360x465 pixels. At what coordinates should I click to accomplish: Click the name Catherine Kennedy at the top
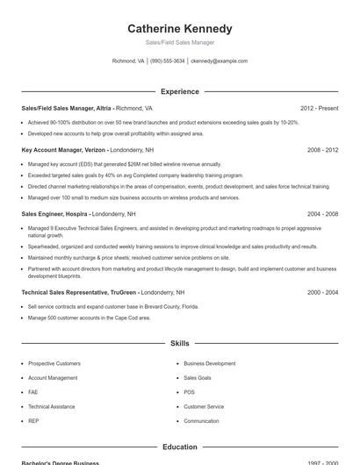(180, 28)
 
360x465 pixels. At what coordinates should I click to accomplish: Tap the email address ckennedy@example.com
(219, 61)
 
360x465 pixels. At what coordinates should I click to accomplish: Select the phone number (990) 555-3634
(167, 61)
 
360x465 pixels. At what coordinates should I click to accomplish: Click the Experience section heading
(180, 91)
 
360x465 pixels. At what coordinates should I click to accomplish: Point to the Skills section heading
(180, 344)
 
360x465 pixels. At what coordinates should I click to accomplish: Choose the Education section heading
(180, 447)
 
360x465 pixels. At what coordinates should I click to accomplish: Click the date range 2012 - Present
(319, 108)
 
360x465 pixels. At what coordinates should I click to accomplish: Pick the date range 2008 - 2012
(322, 150)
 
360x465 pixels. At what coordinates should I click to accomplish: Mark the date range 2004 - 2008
(322, 213)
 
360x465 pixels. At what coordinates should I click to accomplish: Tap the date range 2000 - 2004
(322, 291)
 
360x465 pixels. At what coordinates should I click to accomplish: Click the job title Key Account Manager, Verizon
(57, 150)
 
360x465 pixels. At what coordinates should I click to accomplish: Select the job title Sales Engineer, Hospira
(54, 213)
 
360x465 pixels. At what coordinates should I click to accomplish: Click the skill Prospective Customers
(54, 363)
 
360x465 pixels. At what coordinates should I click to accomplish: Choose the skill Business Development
(209, 363)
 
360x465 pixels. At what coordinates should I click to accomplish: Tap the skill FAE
(33, 392)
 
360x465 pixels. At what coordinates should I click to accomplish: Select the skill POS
(189, 392)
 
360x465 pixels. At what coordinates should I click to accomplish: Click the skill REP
(33, 421)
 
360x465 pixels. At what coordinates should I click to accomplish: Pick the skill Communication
(201, 421)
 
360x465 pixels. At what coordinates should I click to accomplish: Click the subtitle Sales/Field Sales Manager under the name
(180, 42)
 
